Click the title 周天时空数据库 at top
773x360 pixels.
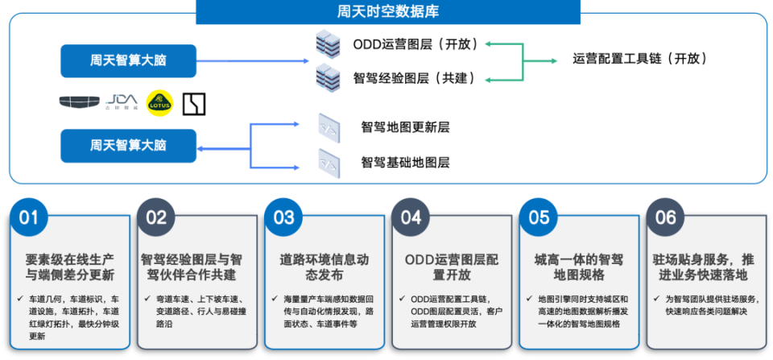(387, 12)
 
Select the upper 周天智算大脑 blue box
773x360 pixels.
(128, 61)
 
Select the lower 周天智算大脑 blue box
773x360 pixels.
(128, 146)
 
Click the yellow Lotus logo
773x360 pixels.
(159, 103)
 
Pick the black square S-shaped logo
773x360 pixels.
(194, 103)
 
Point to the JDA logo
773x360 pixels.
(122, 102)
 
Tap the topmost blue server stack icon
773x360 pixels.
(328, 43)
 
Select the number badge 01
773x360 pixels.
(29, 217)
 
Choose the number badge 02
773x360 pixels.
(156, 217)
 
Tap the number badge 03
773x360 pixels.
(283, 217)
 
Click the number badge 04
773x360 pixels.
(411, 217)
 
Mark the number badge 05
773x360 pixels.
(539, 217)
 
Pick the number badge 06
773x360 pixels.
(666, 217)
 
